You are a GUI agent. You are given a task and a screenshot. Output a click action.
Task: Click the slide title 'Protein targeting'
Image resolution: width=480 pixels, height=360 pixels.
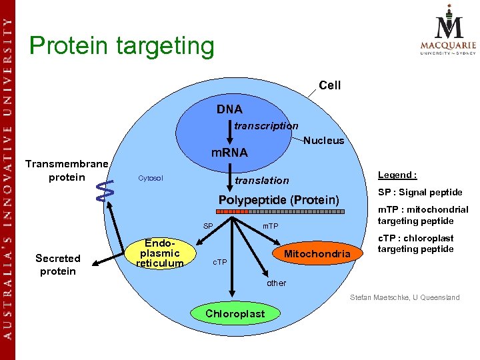[x=122, y=46]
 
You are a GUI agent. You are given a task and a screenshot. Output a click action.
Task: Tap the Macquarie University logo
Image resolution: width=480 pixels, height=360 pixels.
[x=447, y=31]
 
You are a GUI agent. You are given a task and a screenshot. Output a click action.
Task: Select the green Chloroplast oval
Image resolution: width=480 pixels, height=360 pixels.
[x=235, y=313]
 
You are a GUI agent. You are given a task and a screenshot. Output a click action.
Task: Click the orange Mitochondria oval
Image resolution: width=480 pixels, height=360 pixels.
[x=317, y=254]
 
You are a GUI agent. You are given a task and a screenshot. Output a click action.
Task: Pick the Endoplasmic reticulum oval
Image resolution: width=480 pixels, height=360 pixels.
[x=160, y=253]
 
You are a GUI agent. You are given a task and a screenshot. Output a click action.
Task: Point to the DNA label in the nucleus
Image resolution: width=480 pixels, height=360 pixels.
[x=229, y=109]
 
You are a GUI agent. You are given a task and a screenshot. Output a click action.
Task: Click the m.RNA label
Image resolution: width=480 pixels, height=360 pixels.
[x=229, y=153]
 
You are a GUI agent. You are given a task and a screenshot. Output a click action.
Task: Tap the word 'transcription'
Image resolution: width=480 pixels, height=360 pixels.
[x=266, y=125]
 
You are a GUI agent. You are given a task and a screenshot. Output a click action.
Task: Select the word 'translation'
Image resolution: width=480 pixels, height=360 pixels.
[x=261, y=180]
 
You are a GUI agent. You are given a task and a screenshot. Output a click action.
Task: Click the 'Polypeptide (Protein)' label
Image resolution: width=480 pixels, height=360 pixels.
[x=279, y=201]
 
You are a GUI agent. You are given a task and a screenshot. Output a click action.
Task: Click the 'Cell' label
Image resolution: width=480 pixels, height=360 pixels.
[x=329, y=85]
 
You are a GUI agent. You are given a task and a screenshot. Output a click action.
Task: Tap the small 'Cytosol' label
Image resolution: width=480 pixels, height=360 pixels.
[x=150, y=179]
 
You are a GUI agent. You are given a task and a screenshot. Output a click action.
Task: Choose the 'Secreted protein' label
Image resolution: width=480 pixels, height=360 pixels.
[x=58, y=265]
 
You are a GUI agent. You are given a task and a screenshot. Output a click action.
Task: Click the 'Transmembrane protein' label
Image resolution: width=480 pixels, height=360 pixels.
[x=67, y=171]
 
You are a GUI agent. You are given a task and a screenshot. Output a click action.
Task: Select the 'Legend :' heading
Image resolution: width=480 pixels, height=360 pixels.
[x=397, y=175]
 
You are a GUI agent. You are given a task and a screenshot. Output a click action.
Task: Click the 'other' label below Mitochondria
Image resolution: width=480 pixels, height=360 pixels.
[x=276, y=283]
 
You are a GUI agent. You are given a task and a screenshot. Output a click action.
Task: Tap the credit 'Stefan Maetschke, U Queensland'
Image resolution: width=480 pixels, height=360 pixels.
[x=405, y=297]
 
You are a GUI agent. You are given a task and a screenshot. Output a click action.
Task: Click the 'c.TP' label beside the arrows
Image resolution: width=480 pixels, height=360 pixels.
[x=219, y=261]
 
